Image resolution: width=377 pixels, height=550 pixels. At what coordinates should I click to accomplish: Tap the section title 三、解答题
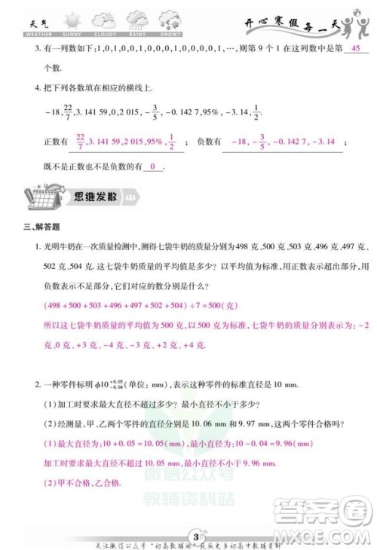tap(44, 226)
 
